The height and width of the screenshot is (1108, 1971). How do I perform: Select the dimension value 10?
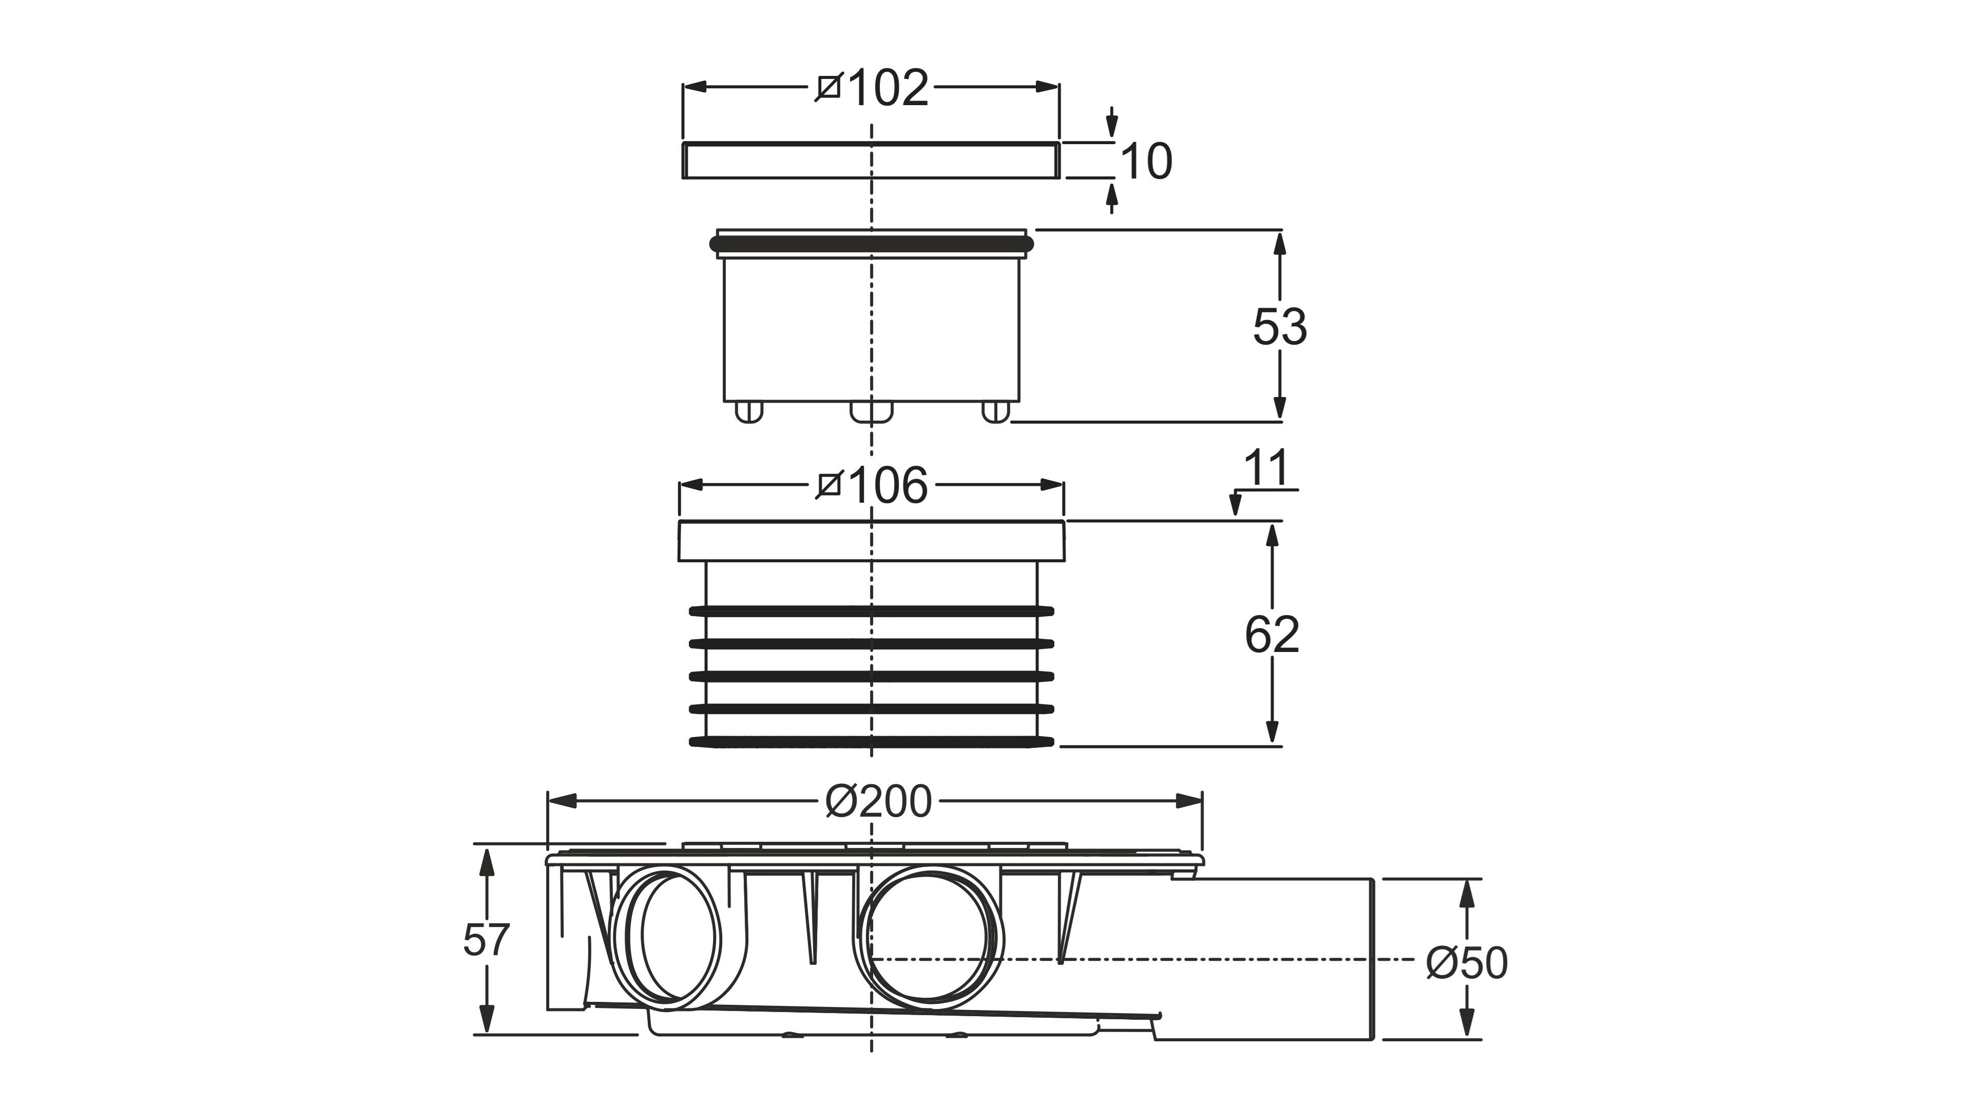tap(1146, 162)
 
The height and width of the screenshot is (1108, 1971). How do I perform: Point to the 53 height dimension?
tap(1279, 327)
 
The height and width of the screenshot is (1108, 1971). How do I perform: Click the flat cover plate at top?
tap(871, 161)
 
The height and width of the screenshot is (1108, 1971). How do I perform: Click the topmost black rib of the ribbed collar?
tap(872, 611)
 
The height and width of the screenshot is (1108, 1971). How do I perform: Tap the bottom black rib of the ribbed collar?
tap(872, 741)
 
